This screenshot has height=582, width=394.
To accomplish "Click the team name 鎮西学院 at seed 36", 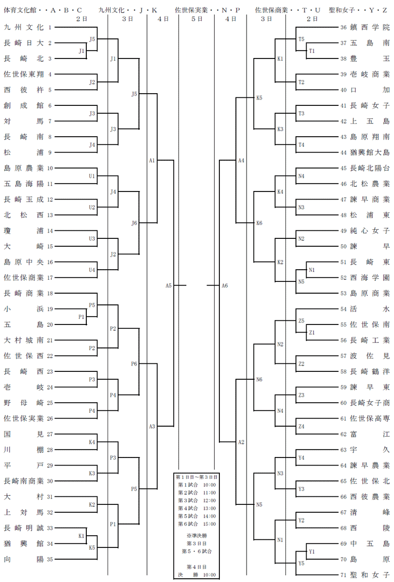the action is [x=370, y=27].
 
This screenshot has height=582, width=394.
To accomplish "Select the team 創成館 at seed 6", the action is [x=24, y=105].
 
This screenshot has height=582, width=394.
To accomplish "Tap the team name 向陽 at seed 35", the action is [x=24, y=559].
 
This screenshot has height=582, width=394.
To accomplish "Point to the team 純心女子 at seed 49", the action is [x=370, y=230].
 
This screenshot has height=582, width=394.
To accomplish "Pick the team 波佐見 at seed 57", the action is [x=370, y=355].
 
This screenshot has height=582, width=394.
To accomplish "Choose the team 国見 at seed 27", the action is [x=24, y=434].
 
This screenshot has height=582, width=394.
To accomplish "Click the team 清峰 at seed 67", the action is [x=370, y=512].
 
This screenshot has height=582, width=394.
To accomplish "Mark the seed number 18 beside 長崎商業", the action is [x=50, y=293].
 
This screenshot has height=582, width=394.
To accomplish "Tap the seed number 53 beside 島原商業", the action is [x=343, y=293].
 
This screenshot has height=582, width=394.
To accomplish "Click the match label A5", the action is [x=169, y=286].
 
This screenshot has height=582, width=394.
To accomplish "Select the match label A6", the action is [x=225, y=286].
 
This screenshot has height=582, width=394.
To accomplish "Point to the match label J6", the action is [x=134, y=223].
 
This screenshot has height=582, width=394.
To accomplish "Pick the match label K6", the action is [x=259, y=223].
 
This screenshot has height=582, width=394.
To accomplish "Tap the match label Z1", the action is [x=311, y=332].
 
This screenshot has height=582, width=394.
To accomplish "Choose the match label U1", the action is [x=92, y=176].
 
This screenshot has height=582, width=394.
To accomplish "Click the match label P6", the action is [x=134, y=364].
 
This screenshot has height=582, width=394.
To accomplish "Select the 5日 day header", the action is [x=197, y=19].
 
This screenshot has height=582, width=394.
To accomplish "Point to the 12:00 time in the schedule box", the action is [x=210, y=501].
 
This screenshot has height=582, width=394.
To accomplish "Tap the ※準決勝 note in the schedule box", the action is [x=197, y=536].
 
